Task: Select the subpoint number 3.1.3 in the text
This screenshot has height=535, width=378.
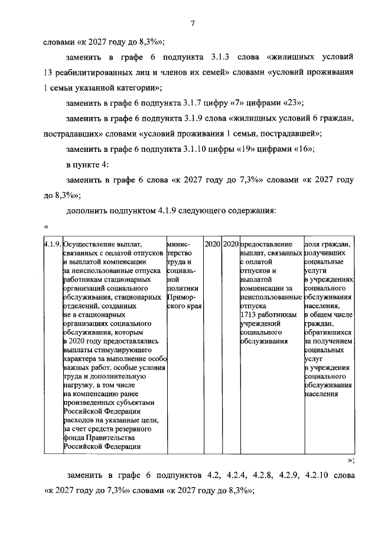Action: [221, 57]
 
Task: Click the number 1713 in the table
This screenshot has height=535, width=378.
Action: [248, 316]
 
